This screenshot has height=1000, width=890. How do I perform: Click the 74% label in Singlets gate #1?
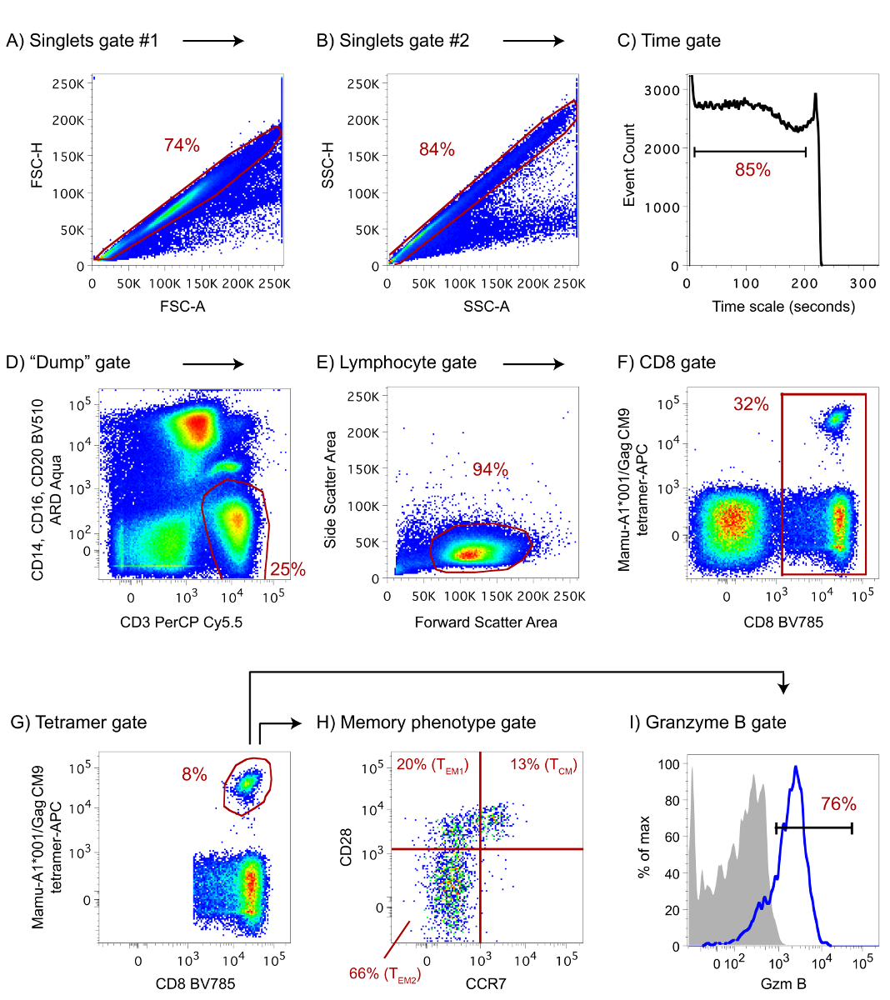[182, 145]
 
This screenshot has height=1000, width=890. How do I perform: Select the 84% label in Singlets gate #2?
[437, 149]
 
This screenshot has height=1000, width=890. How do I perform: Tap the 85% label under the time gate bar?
[752, 170]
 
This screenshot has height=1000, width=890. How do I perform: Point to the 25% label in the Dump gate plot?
[287, 570]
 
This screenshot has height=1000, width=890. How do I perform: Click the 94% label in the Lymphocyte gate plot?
[490, 469]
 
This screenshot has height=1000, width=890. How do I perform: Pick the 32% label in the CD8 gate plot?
[751, 404]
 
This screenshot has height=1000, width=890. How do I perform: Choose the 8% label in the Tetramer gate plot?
[194, 774]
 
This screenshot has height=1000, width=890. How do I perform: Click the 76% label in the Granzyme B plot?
[838, 803]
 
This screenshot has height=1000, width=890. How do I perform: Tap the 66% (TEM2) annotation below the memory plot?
[384, 973]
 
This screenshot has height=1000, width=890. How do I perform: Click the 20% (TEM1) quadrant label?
[432, 765]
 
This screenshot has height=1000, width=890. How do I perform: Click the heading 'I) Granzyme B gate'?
[707, 722]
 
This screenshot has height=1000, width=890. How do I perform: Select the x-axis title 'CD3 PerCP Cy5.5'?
[181, 622]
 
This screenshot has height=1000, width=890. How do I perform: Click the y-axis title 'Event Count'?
[629, 165]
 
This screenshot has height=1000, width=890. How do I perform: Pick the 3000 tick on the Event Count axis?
[662, 90]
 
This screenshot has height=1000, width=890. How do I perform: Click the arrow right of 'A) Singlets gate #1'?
[213, 41]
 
